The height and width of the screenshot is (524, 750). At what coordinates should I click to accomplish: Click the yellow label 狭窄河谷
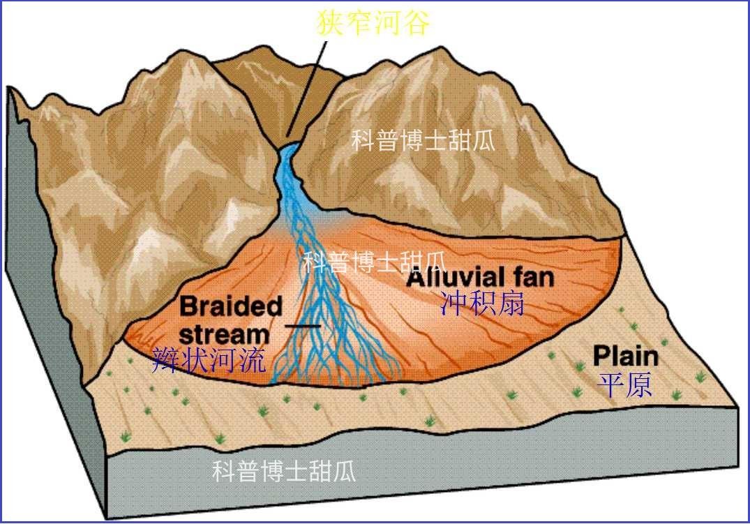tap(373, 22)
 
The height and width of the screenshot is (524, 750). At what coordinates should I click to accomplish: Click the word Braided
tap(230, 306)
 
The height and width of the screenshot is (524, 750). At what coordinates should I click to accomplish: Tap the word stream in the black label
tap(225, 334)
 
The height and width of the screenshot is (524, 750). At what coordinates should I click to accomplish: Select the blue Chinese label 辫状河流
tap(209, 360)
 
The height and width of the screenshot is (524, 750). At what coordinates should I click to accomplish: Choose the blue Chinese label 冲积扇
tap(482, 303)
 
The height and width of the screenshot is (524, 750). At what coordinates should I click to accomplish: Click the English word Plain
tap(626, 357)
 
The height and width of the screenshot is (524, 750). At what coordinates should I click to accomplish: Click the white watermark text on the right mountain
tap(423, 140)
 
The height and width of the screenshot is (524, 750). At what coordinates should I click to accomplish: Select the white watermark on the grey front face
tap(284, 471)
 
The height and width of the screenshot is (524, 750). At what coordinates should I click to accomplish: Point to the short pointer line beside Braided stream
tap(303, 326)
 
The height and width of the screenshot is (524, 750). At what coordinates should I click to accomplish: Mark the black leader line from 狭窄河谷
tap(307, 89)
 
